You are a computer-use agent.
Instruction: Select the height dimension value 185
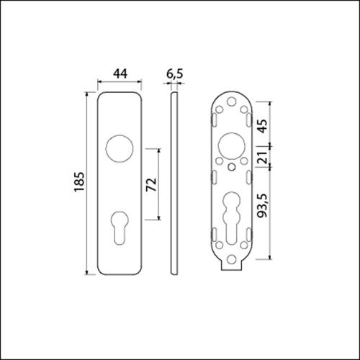pos(81,184)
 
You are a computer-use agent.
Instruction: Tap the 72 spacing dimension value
pos(151,184)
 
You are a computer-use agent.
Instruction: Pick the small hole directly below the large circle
pos(232,168)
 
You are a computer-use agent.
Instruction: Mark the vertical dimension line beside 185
pos(90,184)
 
